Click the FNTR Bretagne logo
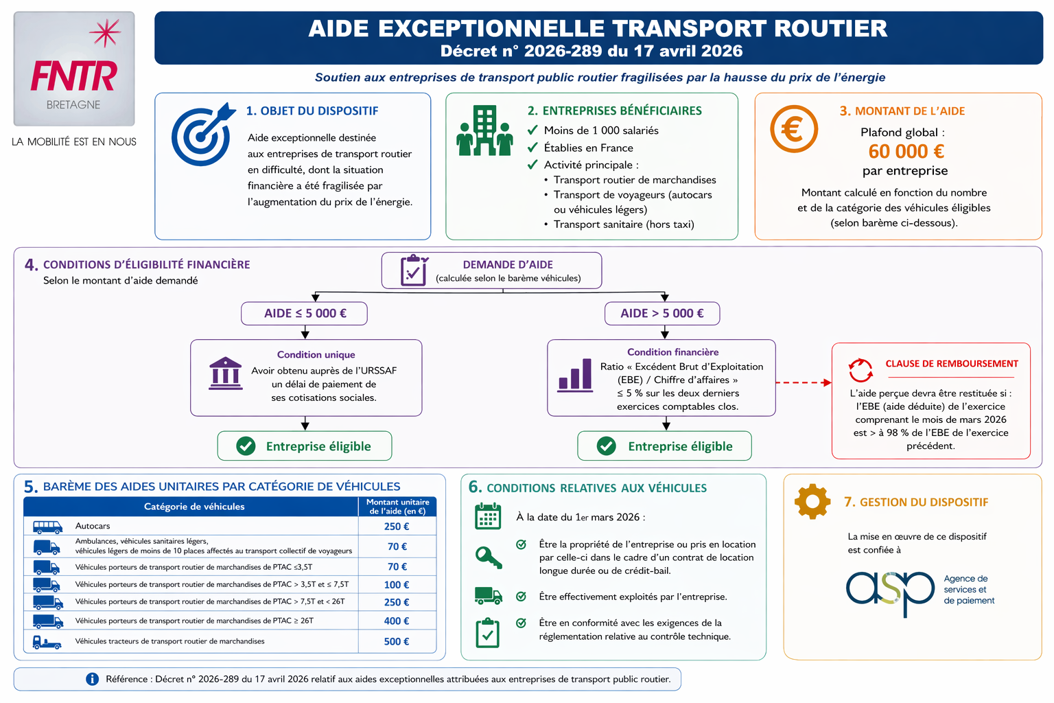pos(74,69)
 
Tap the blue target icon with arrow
pos(202,134)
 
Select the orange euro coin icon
pos(794,128)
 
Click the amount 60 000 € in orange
pos(906,151)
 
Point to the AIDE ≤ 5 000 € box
pos(305,313)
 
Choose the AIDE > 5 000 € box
pos(662,313)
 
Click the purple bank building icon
pos(225,373)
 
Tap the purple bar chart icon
pos(574,376)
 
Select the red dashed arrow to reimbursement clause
pos(804,383)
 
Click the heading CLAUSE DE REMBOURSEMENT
pos(952,363)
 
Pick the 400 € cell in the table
pos(396,621)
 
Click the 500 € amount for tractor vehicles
pos(396,641)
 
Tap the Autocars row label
pos(92,526)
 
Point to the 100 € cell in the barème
pos(396,585)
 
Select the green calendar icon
pos(488,516)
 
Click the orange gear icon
pos(812,501)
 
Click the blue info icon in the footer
pos(92,679)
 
